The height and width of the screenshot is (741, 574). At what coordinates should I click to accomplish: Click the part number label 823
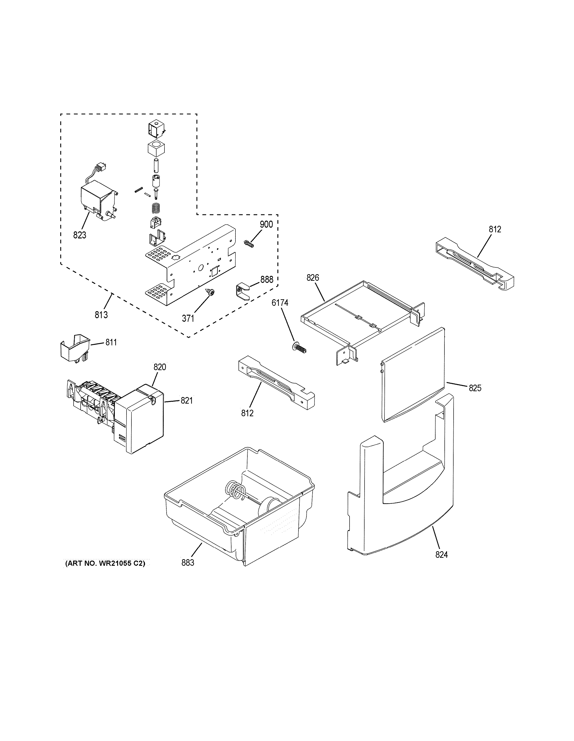[79, 235]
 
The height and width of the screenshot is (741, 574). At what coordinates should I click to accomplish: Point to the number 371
[188, 318]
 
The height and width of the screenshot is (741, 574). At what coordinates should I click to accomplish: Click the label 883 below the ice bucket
[187, 562]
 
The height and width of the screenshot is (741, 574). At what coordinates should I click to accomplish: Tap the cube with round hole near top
[156, 148]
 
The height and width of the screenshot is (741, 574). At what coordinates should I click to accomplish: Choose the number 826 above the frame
[313, 277]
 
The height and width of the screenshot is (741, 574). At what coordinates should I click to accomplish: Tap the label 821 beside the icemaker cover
[186, 401]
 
